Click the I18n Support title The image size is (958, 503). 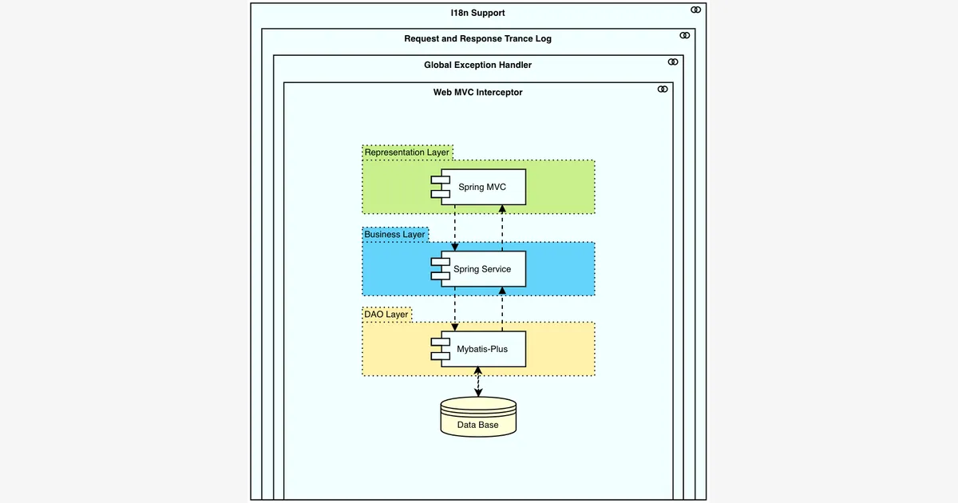coord(477,13)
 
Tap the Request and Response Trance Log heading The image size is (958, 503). coord(477,38)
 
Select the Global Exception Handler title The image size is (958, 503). coord(477,65)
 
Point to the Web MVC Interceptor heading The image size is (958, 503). coord(477,93)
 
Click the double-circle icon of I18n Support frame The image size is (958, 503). coord(696,10)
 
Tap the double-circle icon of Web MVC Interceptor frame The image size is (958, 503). coord(663,89)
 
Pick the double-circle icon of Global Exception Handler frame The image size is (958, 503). coord(673,62)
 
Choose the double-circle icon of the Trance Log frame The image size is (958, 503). coord(685,35)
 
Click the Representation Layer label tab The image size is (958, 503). coord(407,152)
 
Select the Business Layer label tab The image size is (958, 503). coord(394,235)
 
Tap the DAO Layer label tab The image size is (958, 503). coord(386,315)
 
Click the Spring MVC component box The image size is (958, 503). coord(478,187)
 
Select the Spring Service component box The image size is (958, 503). coord(478,269)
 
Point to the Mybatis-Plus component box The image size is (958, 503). coord(478,349)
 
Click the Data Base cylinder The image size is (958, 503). coord(478,417)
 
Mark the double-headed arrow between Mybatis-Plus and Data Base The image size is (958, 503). coord(478,382)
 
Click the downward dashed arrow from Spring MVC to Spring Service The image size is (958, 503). coord(454,228)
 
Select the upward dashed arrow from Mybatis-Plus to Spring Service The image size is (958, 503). coord(502,309)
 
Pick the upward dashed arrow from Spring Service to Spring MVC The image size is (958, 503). coord(502,228)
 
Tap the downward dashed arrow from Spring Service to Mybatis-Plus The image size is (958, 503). coord(454,309)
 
